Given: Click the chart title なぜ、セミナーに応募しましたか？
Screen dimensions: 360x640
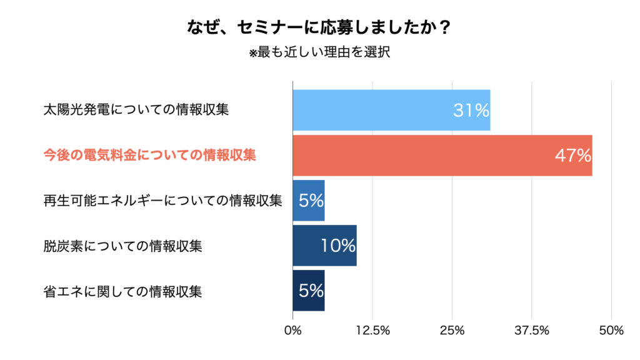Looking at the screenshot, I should pos(319,28).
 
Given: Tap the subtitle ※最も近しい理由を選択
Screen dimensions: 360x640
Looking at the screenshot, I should pos(319,52).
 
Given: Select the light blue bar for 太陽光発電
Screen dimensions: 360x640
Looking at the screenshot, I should pos(375,110).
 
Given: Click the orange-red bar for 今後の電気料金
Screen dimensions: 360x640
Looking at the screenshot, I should pos(425,155).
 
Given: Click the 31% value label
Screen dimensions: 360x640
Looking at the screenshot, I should pos(471,111).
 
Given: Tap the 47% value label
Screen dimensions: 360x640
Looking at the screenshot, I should pos(572,156).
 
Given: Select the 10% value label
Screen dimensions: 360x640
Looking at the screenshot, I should pos(337,246).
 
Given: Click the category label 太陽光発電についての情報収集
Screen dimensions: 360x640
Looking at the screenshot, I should pos(136,110).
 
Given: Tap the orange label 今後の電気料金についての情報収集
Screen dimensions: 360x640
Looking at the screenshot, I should pos(149,155).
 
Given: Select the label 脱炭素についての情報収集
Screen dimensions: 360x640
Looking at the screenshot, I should pos(122,246).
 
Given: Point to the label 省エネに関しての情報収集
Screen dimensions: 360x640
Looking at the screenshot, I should pos(122,291).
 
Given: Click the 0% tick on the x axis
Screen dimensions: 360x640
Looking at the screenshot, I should pos(292,331).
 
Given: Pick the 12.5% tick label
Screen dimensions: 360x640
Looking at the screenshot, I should pos(372,331).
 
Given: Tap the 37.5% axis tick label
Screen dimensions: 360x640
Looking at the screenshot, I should pos(531,331).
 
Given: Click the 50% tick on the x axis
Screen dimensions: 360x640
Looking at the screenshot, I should pos(611,331).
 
